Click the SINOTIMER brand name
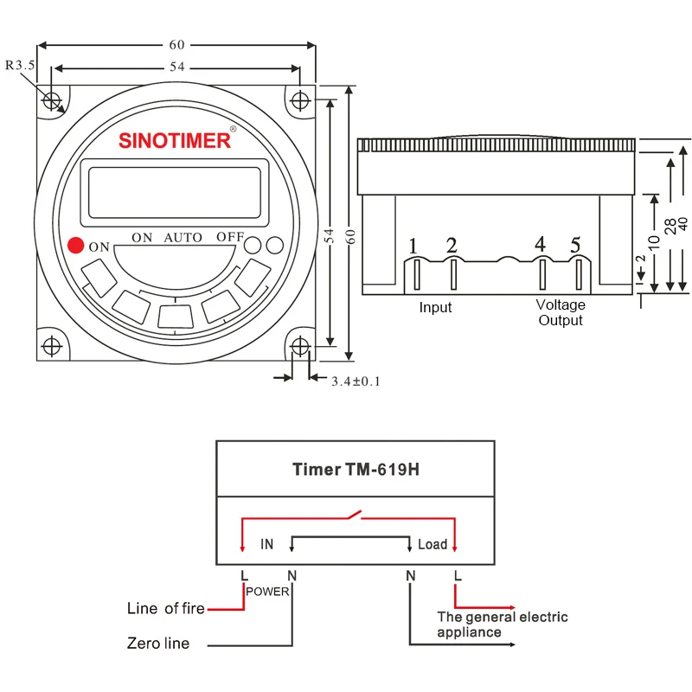point(175,139)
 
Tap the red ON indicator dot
point(75,246)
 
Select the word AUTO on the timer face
point(183,237)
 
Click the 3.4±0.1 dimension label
point(356,381)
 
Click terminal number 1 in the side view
point(413,247)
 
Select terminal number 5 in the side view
point(575,246)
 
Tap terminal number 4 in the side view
point(540,246)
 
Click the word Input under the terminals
point(435,307)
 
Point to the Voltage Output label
point(561,312)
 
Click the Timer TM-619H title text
point(356,470)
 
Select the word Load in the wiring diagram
point(432,544)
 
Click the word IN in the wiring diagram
point(266,544)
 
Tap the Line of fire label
point(166,608)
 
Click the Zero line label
point(157,643)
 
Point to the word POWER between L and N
point(267,592)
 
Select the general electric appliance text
point(502,625)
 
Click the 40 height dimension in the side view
point(683,222)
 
